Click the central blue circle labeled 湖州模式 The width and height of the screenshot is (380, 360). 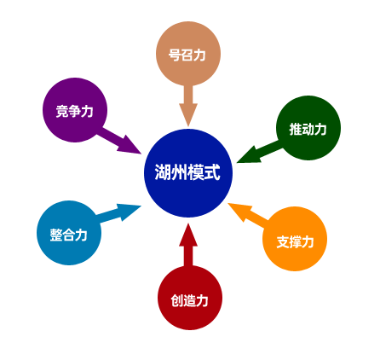(188, 173)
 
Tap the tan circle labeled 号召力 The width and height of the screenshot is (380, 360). (188, 54)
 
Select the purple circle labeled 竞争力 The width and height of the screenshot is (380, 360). (75, 110)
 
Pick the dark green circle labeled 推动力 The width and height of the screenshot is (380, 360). (308, 128)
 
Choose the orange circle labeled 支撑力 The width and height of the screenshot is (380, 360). (295, 239)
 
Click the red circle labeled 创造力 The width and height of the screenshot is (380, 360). (190, 298)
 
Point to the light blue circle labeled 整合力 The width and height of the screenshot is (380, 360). (69, 233)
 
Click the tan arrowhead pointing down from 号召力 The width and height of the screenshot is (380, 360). (188, 114)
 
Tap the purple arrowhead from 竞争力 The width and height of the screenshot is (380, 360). (130, 145)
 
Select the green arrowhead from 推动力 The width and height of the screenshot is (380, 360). (249, 156)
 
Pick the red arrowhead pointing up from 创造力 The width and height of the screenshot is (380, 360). (188, 235)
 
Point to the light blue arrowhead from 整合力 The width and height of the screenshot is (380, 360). (130, 212)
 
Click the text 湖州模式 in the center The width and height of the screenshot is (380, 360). (187, 172)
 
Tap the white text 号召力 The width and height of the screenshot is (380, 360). (187, 55)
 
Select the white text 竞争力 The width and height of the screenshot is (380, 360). (74, 111)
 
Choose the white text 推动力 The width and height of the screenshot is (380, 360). (308, 130)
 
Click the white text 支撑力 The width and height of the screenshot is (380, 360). (295, 242)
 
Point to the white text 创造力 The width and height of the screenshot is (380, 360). (189, 300)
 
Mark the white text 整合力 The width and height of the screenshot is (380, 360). (69, 235)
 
